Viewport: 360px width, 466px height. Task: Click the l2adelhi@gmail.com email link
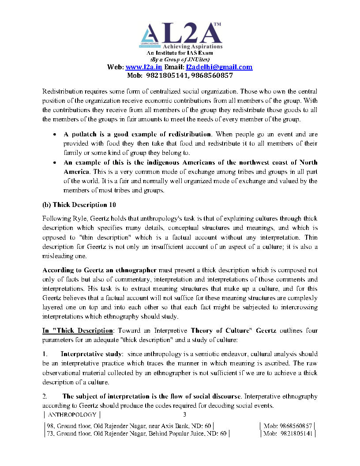click(x=219, y=67)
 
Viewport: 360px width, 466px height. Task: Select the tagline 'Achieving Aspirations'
click(x=193, y=46)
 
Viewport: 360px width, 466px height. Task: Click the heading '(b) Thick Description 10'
click(x=75, y=205)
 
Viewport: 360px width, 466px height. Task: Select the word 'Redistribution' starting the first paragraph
click(x=62, y=91)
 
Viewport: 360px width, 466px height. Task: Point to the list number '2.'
click(x=45, y=396)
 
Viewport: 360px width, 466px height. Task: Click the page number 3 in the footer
click(x=185, y=414)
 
